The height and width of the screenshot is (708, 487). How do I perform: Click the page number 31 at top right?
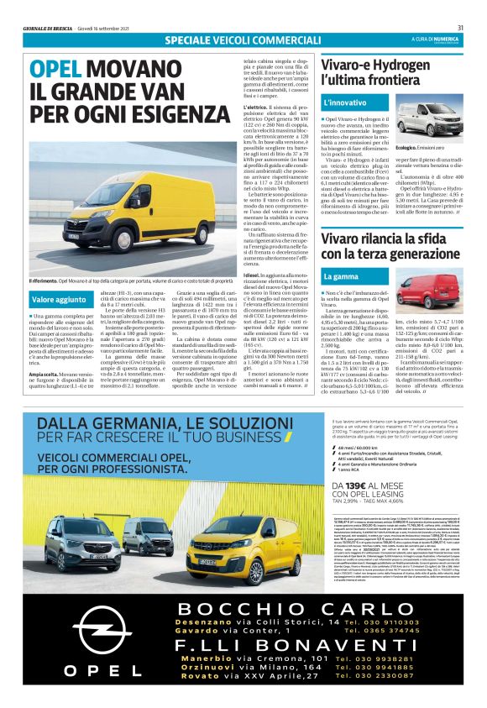(460, 28)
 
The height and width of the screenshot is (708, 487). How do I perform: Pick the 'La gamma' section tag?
(342, 276)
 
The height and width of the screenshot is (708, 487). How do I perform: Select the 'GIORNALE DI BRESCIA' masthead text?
(51, 28)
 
